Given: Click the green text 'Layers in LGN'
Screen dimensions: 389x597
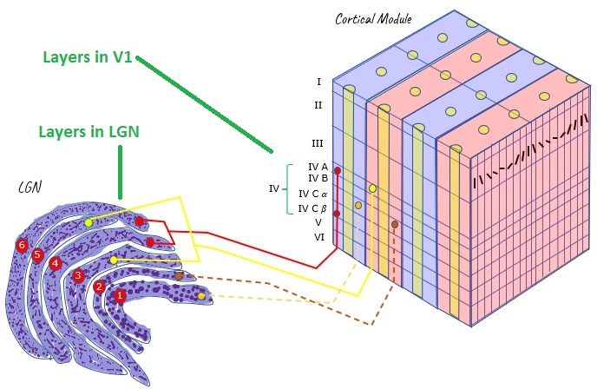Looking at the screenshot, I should coord(89,132).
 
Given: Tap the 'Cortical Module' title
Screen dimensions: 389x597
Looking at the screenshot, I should coord(373,18).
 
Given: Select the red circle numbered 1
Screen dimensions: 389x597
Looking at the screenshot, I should coord(121,296).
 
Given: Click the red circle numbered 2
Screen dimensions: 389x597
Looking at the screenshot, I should coord(100,287).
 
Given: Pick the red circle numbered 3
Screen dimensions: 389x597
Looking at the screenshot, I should coord(78,276).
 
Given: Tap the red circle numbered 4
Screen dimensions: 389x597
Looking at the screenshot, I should coord(56,264).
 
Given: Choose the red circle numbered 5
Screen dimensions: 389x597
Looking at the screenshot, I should coord(37,255).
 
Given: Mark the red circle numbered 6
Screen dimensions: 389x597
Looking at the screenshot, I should coord(22,246).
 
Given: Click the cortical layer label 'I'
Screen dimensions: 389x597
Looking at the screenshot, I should coord(319,82).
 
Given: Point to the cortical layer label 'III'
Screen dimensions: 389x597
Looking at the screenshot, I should coord(318,142).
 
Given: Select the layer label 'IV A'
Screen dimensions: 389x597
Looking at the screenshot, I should coord(318,167).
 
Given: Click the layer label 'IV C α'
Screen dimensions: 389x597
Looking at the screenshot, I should coord(312,194).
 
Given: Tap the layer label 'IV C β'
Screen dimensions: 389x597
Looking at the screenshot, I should coord(312,208).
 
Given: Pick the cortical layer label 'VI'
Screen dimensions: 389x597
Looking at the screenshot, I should coord(318,236).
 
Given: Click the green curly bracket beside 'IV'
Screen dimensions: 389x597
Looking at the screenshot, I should coord(289,188).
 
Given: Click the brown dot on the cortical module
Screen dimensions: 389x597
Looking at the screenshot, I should coord(395,224).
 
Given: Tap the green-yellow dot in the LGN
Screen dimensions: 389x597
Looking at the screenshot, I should coord(89,223).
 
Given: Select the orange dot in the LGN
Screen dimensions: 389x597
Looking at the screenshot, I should coord(201,296).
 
